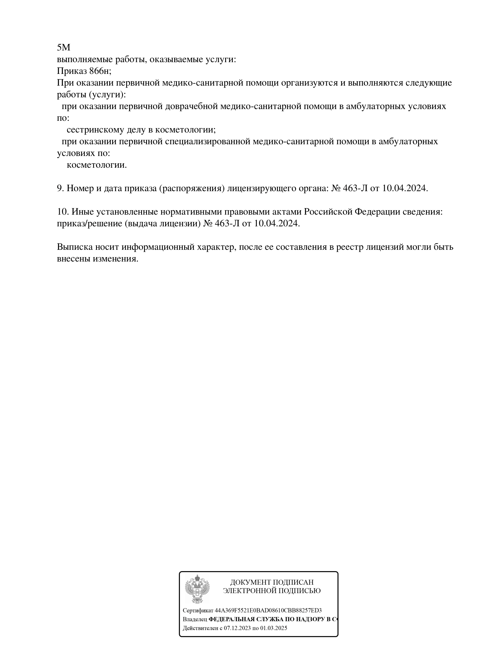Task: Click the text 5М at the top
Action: coord(63,47)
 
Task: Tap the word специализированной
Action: coord(207,141)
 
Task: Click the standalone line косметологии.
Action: coord(97,165)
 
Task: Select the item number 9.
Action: coord(60,188)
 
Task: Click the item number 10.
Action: coord(63,212)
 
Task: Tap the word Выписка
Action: coord(75,247)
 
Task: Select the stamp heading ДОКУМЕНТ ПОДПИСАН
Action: coord(271,582)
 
